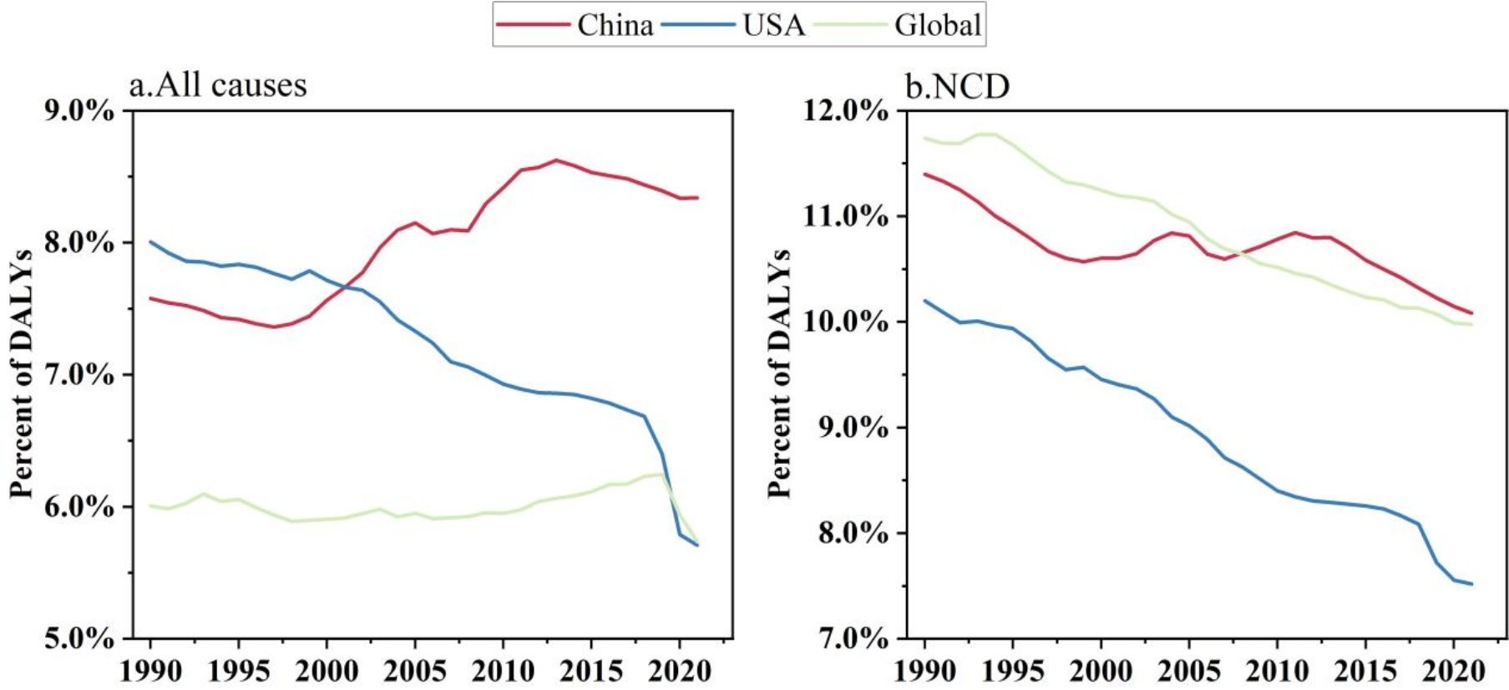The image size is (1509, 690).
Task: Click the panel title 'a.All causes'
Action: click(x=218, y=85)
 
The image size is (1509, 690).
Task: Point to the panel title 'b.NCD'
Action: click(x=958, y=85)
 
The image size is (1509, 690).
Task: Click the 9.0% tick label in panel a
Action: click(x=78, y=110)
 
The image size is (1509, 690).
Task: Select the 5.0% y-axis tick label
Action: click(x=78, y=639)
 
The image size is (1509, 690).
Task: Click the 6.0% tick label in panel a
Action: click(x=78, y=507)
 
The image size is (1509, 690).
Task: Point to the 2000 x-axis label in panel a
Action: click(x=327, y=671)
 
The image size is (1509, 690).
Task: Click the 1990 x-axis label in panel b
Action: click(x=924, y=671)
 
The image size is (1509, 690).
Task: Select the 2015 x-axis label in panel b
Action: click(x=1365, y=671)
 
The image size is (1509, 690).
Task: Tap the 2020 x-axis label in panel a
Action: click(x=680, y=671)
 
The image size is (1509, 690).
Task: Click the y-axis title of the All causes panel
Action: click(x=22, y=373)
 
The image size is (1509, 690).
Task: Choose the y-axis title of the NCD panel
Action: click(x=778, y=373)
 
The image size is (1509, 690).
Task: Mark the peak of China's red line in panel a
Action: click(x=556, y=160)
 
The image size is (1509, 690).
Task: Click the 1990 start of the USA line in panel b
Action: click(x=925, y=301)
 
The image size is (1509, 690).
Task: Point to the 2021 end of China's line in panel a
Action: click(x=697, y=198)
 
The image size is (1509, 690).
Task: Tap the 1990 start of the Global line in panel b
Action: click(x=925, y=138)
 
